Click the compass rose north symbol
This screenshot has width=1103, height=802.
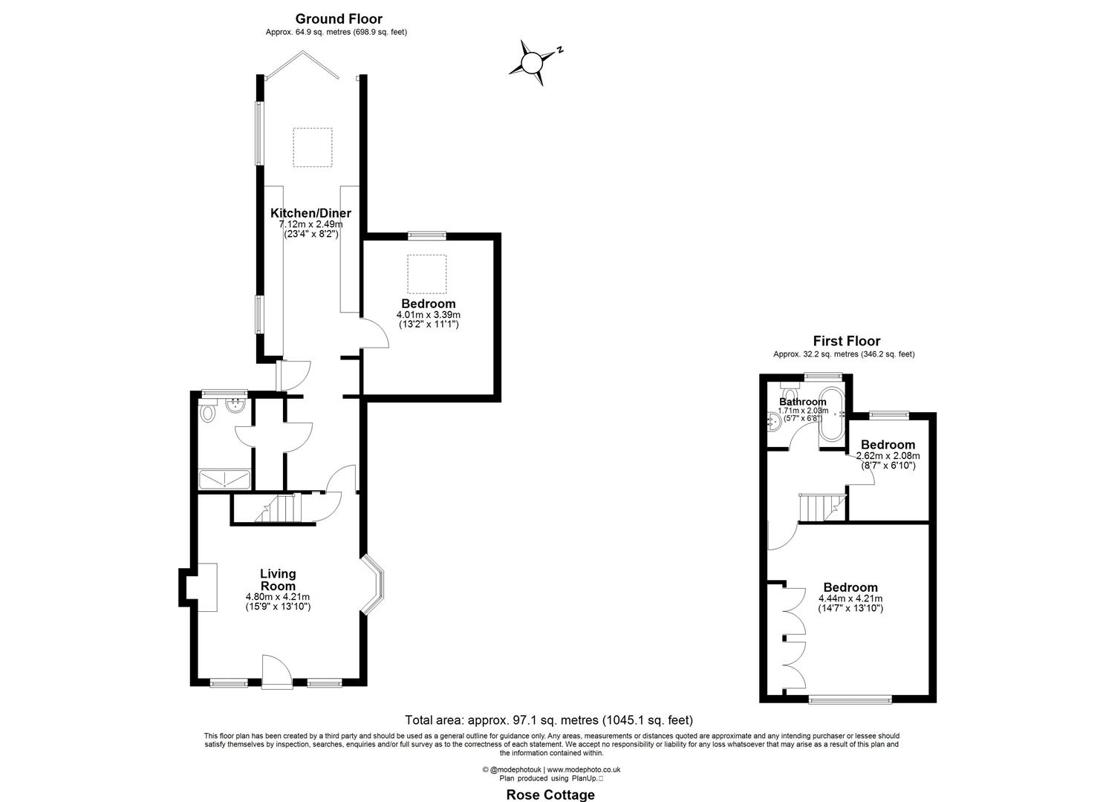533,62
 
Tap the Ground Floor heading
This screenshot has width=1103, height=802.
338,19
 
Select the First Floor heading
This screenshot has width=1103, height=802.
846,341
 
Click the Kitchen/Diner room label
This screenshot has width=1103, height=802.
310,213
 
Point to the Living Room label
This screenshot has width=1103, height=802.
278,579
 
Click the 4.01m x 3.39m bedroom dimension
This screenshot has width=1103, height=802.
428,314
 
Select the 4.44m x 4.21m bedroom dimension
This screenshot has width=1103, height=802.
850,599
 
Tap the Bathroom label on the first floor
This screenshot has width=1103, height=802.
802,402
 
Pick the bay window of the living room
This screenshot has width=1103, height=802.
374,584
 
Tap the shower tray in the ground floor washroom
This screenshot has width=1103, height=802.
225,479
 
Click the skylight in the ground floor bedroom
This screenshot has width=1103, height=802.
426,273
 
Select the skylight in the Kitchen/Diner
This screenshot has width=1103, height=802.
311,147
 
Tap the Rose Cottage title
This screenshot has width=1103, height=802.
550,795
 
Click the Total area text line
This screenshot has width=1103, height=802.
548,720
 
